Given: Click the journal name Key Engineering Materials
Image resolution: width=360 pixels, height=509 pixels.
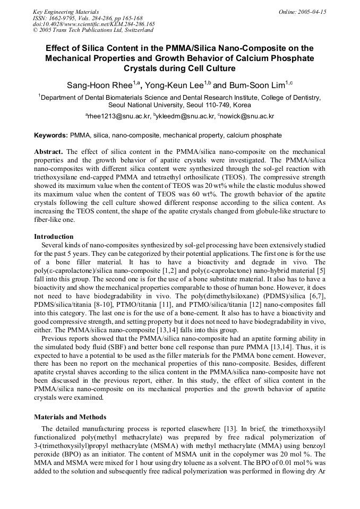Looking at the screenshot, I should tap(66, 12).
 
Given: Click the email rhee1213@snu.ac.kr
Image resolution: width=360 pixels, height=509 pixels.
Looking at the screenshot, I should tap(118, 116).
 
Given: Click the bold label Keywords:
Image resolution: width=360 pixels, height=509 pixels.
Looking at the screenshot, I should tap(51, 136).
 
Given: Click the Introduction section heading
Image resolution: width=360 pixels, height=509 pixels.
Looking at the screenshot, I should tap(54, 237).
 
